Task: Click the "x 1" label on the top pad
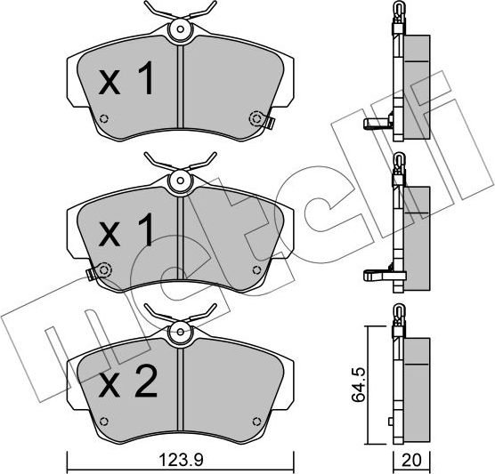point(126,82)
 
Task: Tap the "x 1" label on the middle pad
point(126,233)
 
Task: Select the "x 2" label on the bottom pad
point(128,383)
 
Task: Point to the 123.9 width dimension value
point(181,461)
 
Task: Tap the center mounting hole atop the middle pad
point(181,183)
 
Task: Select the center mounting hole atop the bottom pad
point(181,335)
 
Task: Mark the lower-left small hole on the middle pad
point(104,268)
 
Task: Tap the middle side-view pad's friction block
point(415,233)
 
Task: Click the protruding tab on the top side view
point(375,124)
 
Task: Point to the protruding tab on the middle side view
point(375,275)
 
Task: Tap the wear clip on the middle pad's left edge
point(92,271)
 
